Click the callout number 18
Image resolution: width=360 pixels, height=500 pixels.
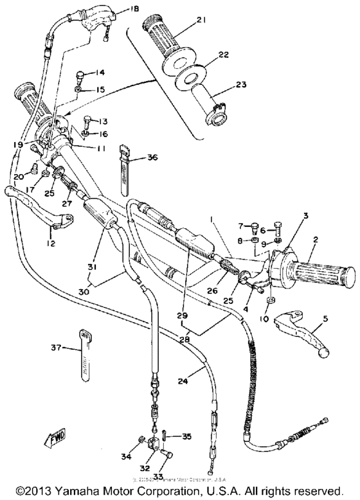click(134, 8)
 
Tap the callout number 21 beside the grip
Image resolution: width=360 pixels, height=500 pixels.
click(201, 21)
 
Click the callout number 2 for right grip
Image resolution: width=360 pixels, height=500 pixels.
click(316, 240)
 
